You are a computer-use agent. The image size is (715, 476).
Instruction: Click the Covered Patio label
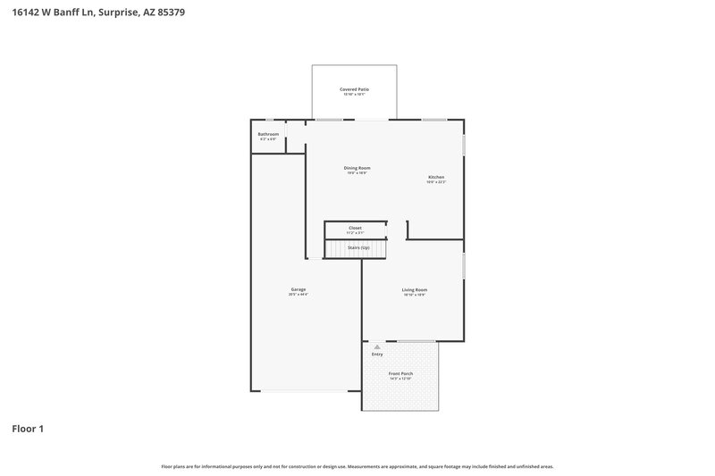click(x=355, y=89)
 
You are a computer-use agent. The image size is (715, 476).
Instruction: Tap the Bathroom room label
click(x=268, y=134)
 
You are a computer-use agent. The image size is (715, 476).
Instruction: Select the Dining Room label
click(x=357, y=168)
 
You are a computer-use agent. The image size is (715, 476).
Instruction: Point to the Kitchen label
click(x=436, y=177)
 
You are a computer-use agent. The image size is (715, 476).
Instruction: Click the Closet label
click(x=355, y=228)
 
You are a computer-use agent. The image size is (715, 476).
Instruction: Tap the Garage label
click(x=298, y=289)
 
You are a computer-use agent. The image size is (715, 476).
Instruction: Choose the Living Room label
click(x=414, y=289)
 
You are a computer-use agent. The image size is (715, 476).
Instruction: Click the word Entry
click(x=377, y=355)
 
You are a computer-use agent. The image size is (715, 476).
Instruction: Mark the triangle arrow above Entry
click(x=377, y=347)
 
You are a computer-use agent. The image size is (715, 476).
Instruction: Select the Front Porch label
click(x=400, y=374)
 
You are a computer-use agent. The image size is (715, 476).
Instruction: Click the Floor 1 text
click(x=28, y=429)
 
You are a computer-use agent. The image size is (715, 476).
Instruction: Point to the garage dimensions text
click(x=298, y=295)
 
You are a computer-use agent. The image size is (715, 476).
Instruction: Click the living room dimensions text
click(x=414, y=295)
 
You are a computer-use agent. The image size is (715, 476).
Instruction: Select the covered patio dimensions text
click(x=355, y=95)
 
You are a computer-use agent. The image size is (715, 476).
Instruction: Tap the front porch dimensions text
click(x=400, y=380)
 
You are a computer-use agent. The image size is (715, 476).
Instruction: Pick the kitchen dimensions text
click(x=436, y=182)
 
